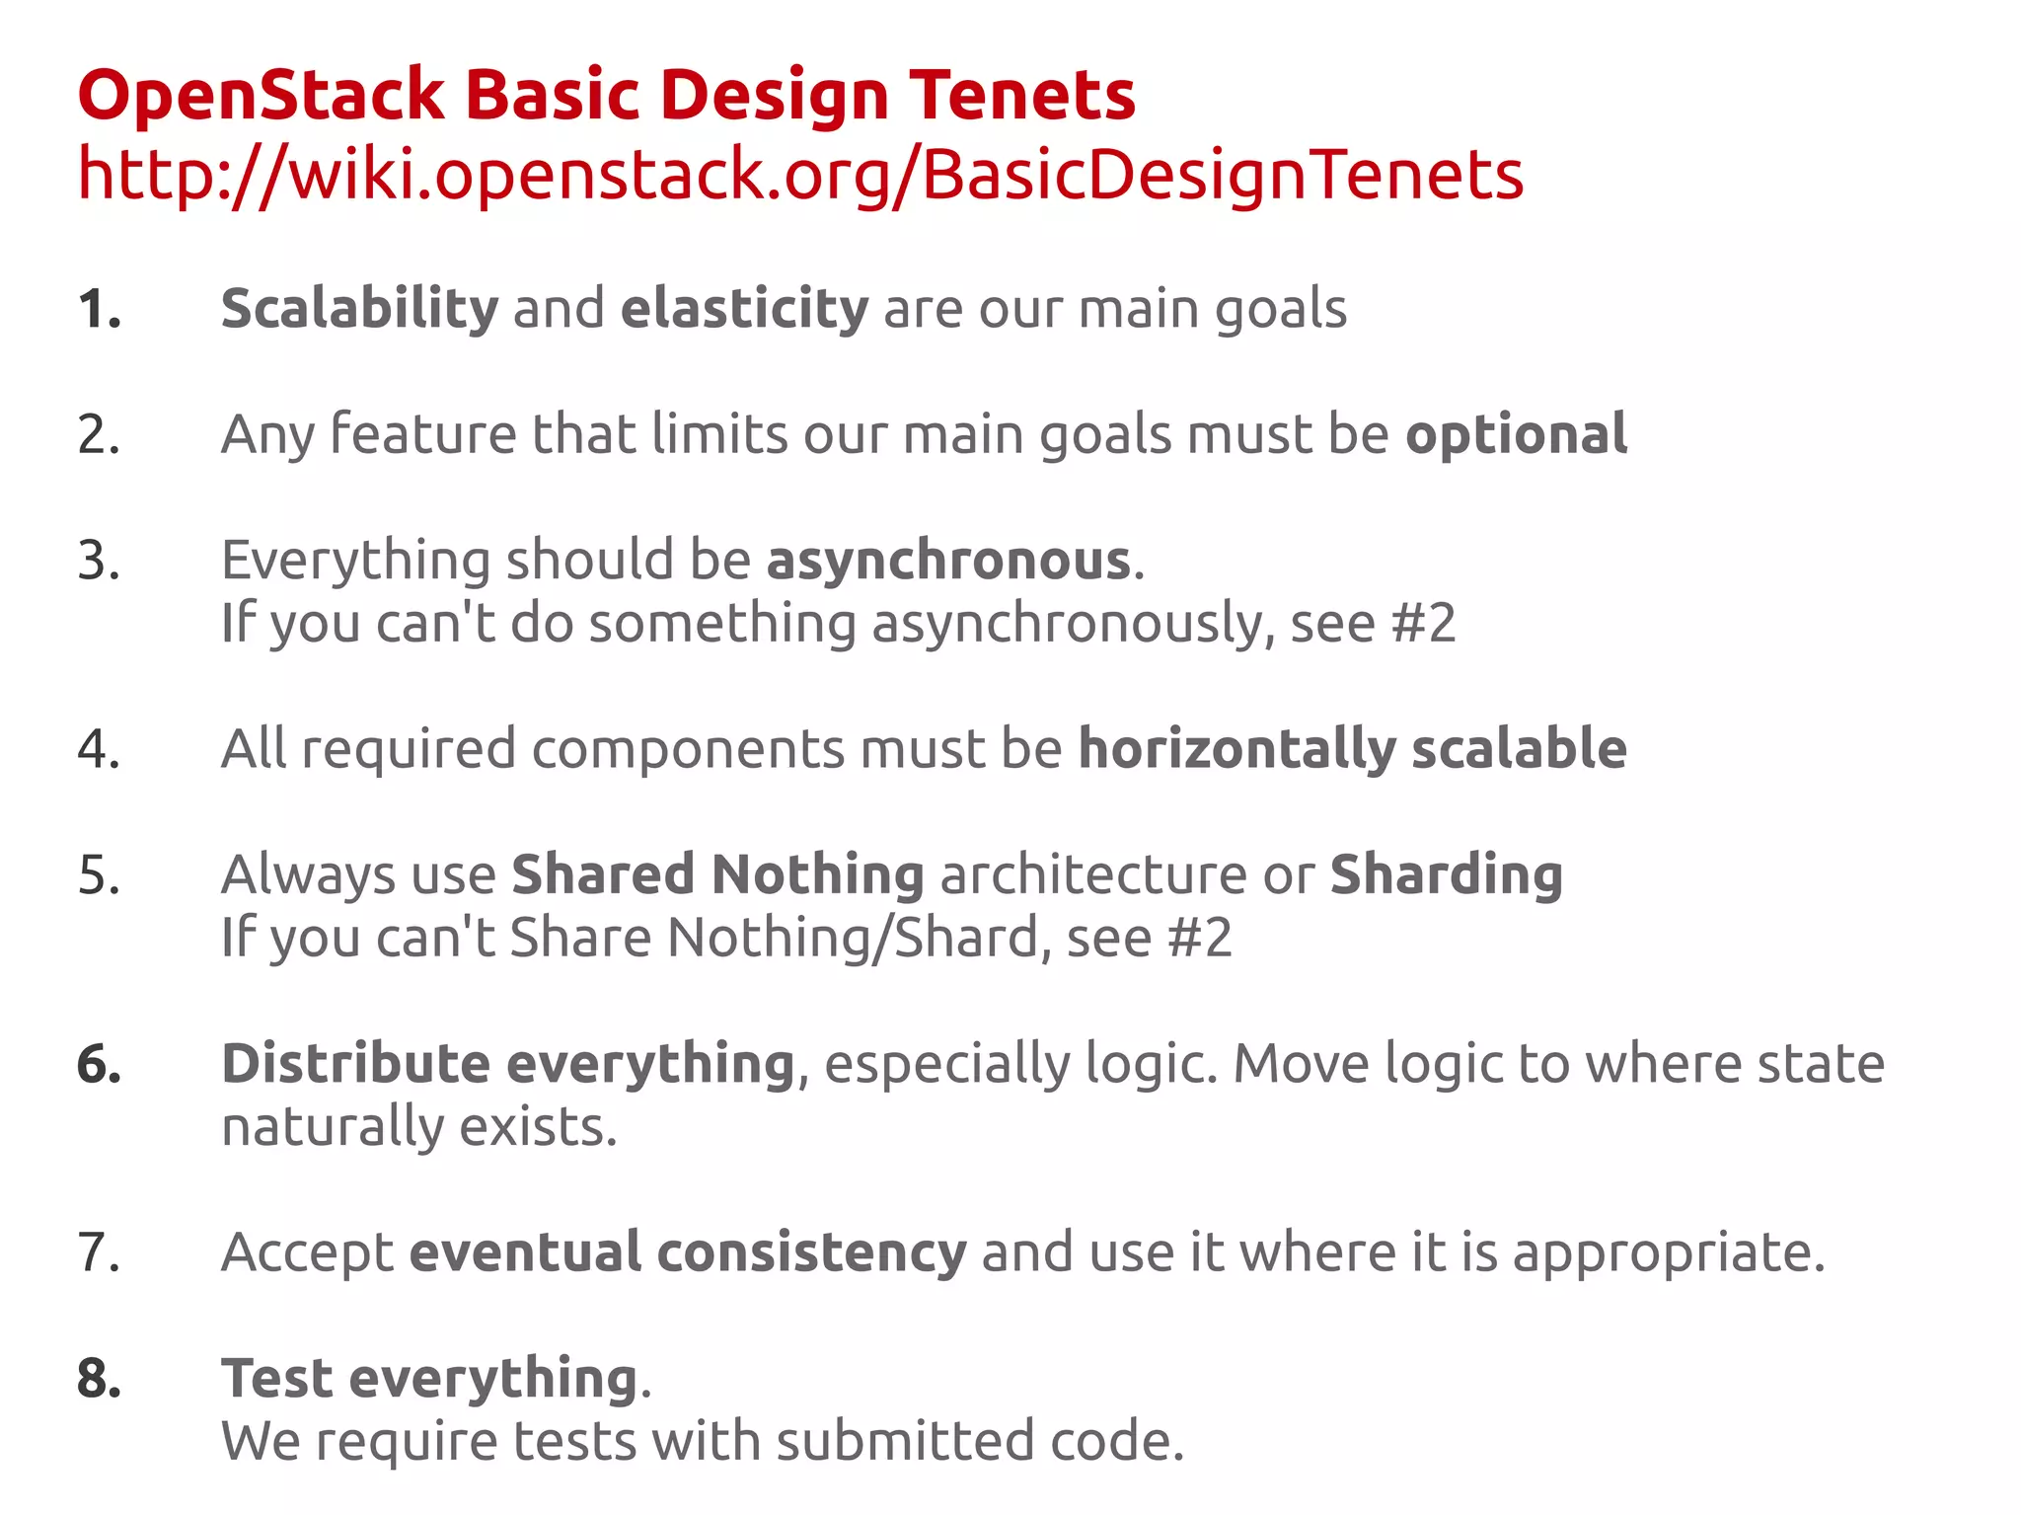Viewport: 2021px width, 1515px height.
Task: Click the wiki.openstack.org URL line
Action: click(x=799, y=175)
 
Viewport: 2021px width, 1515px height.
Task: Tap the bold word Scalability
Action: click(x=360, y=309)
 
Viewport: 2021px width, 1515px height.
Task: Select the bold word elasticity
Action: click(x=744, y=309)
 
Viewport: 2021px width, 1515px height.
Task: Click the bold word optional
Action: click(x=1516, y=434)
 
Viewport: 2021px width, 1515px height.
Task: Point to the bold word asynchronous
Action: click(x=948, y=561)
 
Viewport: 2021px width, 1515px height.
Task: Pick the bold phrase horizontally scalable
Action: click(x=1352, y=749)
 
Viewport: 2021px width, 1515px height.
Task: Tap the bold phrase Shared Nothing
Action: click(x=717, y=874)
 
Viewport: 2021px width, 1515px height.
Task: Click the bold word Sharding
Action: click(x=1446, y=874)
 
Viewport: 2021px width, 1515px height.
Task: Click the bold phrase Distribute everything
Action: click(x=508, y=1064)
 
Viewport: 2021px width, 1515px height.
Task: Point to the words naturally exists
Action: click(x=419, y=1127)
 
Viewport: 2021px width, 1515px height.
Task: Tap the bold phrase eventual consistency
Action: click(x=688, y=1252)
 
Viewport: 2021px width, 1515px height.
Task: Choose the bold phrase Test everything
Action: click(x=429, y=1379)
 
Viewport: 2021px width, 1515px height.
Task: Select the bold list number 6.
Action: click(x=99, y=1064)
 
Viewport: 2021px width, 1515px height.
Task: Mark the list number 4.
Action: click(x=99, y=749)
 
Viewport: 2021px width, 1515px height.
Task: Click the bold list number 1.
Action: click(x=99, y=309)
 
